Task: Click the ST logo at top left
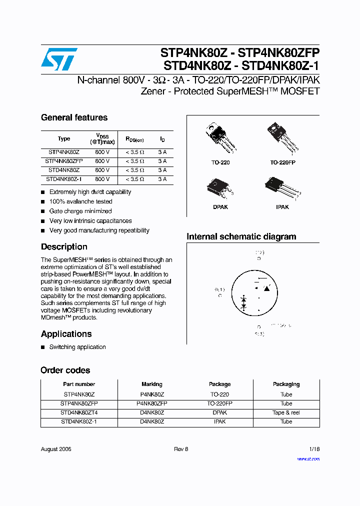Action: pyautogui.click(x=59, y=59)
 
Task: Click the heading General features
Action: pyautogui.click(x=74, y=117)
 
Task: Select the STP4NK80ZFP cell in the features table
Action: pyautogui.click(x=64, y=161)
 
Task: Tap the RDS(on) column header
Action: pyautogui.click(x=134, y=139)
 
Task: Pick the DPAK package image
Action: pyautogui.click(x=218, y=188)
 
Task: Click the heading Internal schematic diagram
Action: pyautogui.click(x=241, y=236)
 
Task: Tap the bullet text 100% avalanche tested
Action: pyautogui.click(x=80, y=201)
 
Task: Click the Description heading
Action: pyautogui.click(x=64, y=246)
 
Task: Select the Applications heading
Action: pyautogui.click(x=66, y=333)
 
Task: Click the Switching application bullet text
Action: pyautogui.click(x=77, y=347)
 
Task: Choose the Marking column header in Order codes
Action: pyautogui.click(x=151, y=384)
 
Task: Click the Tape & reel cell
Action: pyautogui.click(x=286, y=412)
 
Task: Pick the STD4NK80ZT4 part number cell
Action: pyautogui.click(x=79, y=412)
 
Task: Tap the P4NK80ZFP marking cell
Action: pyautogui.click(x=151, y=403)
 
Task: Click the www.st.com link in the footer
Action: pyautogui.click(x=308, y=458)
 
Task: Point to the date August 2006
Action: pyautogui.click(x=56, y=449)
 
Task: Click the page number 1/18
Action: pyautogui.click(x=313, y=449)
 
